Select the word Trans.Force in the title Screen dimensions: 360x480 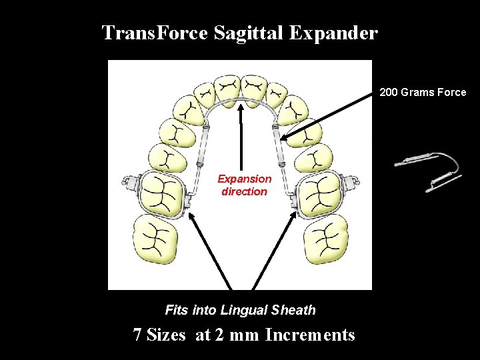pos(155,33)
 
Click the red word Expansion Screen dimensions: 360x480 pos(245,179)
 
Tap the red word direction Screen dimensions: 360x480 pos(245,191)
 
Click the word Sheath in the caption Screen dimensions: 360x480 pos(295,310)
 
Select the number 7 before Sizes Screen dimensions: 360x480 pos(137,335)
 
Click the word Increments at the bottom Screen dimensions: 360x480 pos(310,335)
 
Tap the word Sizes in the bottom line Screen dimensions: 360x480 pos(166,335)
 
